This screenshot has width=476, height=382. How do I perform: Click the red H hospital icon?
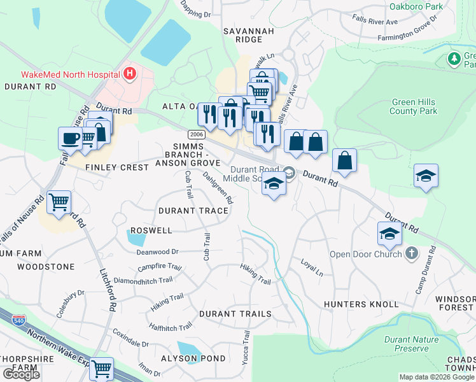[x=130, y=74]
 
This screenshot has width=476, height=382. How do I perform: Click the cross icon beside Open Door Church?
[x=411, y=254]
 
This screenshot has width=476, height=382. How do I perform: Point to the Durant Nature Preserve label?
[x=411, y=344]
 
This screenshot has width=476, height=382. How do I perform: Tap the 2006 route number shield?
[x=195, y=134]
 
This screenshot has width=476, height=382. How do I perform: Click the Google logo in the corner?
[x=21, y=374]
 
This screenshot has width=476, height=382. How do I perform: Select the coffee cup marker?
[x=70, y=138]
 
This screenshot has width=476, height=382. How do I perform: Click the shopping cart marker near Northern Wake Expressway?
[x=101, y=368]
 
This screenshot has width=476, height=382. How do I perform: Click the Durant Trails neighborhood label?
[x=235, y=314]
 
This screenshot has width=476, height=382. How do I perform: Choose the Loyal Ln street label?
[x=312, y=267]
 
